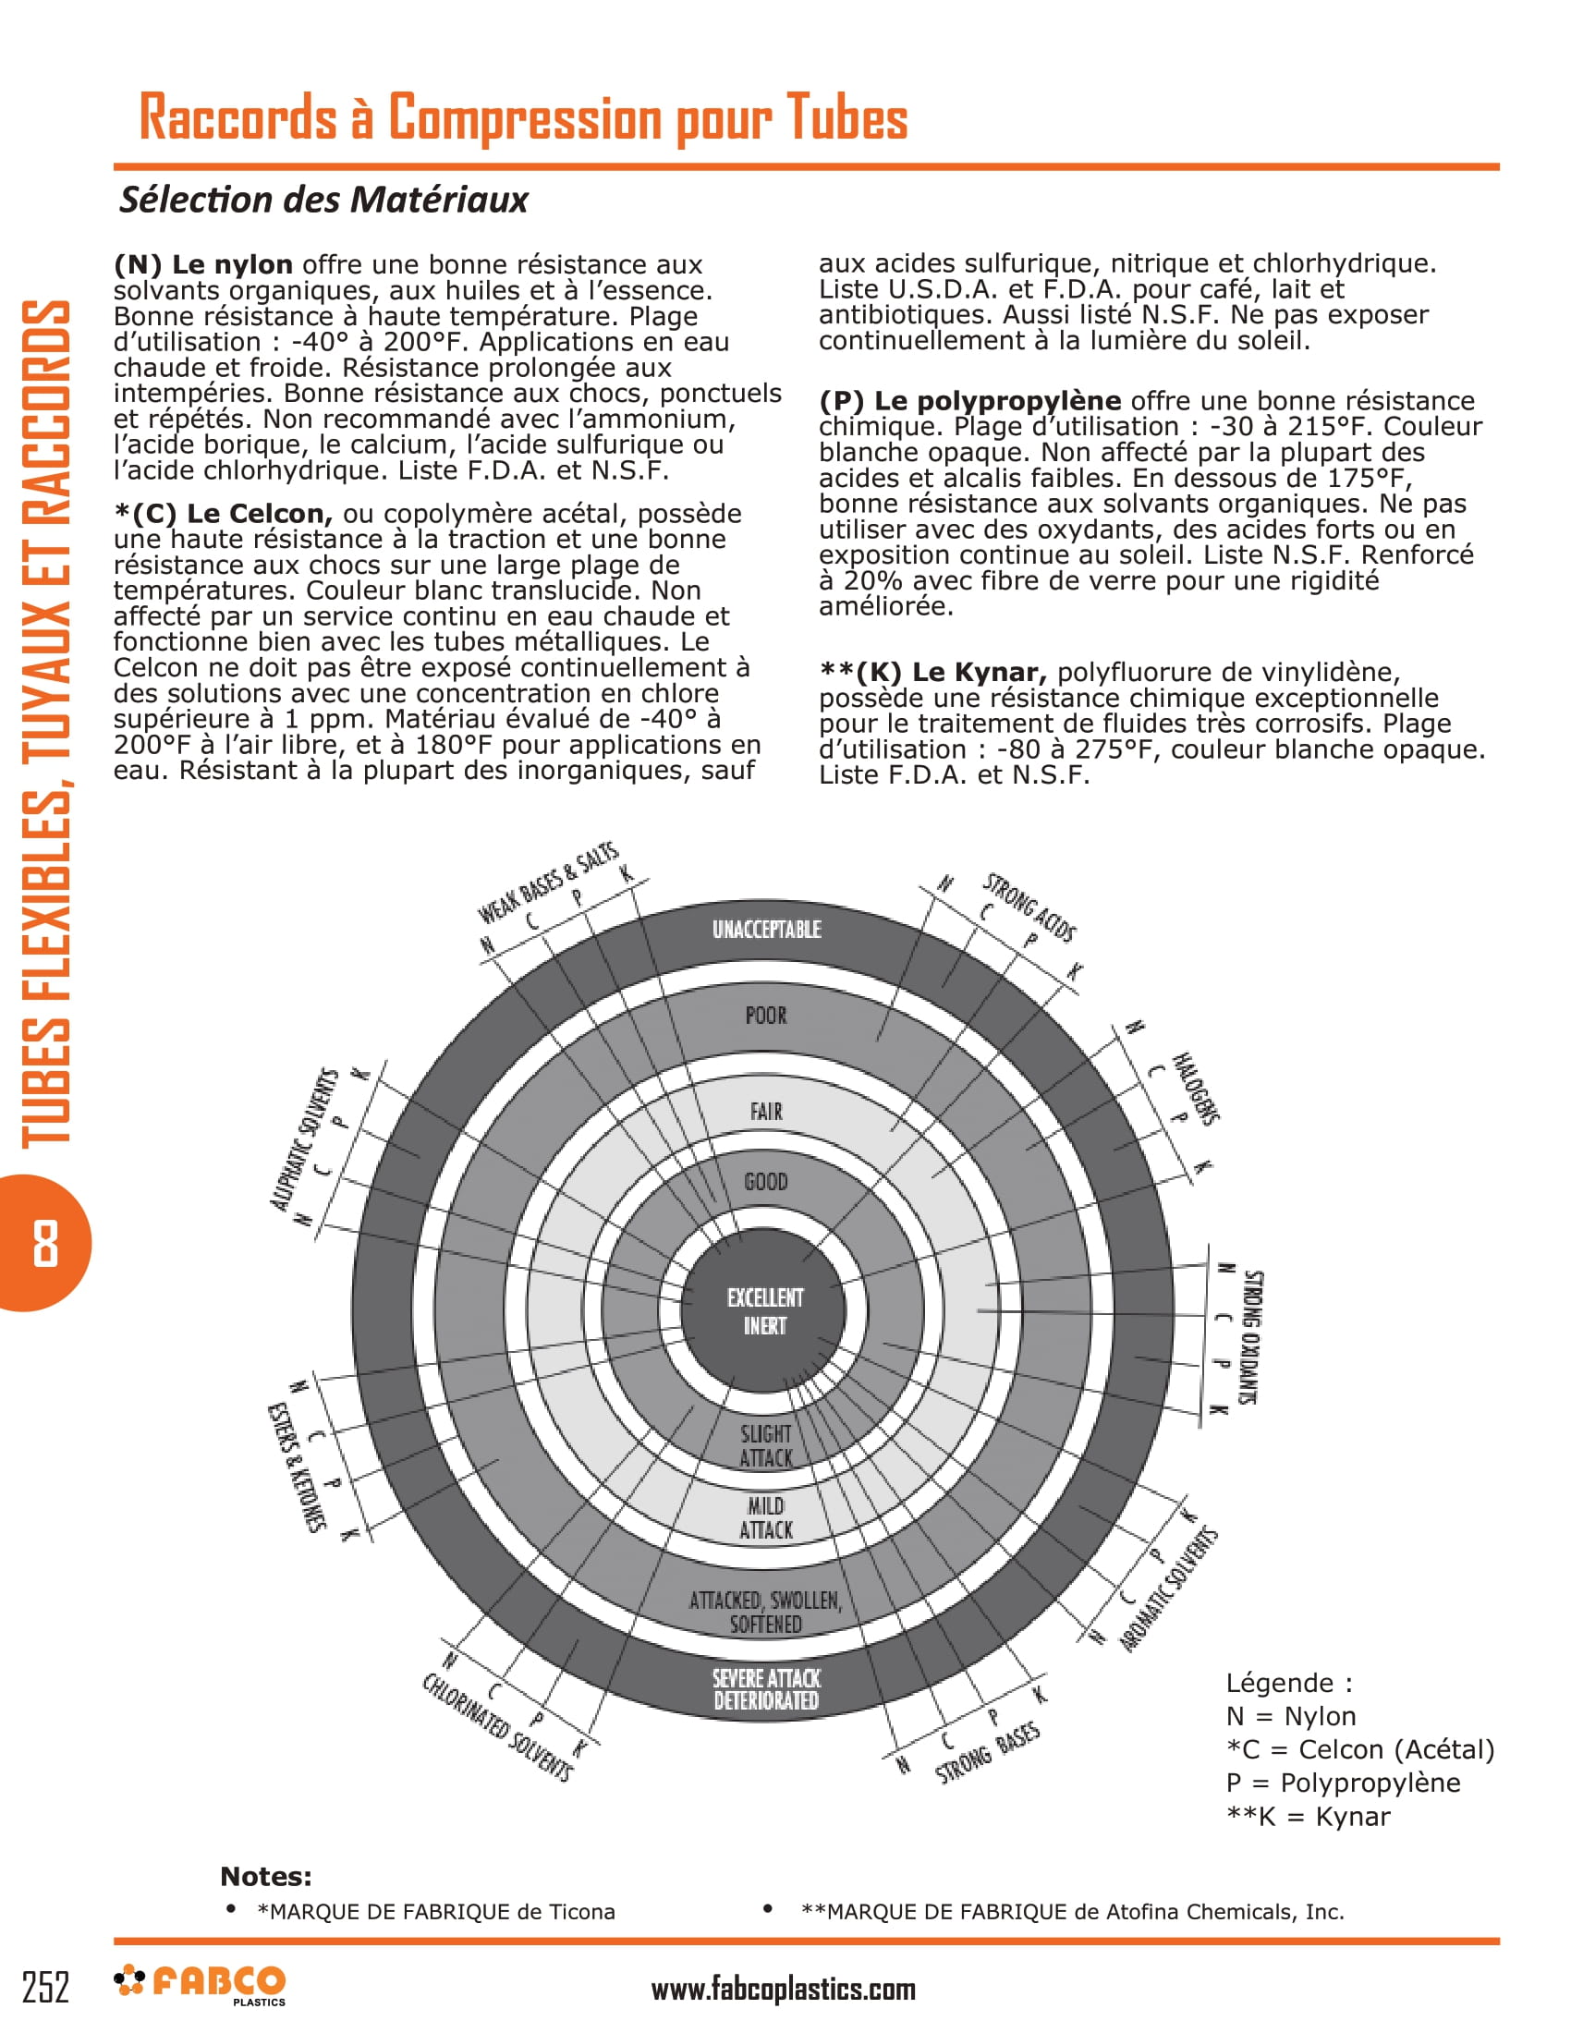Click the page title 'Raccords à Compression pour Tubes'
(523, 118)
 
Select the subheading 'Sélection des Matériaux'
(323, 200)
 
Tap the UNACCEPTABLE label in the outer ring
(766, 929)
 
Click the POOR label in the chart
(765, 1015)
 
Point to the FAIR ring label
(766, 1111)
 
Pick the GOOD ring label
(765, 1181)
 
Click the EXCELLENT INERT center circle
(764, 1310)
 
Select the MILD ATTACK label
(766, 1517)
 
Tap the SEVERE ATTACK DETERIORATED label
(766, 1688)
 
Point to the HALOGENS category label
(1195, 1089)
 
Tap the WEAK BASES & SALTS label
(547, 882)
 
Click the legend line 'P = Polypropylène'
(1342, 1783)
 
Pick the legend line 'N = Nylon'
(1290, 1716)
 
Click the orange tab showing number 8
(44, 1243)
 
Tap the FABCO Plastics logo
(200, 1985)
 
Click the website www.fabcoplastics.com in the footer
(783, 1990)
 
